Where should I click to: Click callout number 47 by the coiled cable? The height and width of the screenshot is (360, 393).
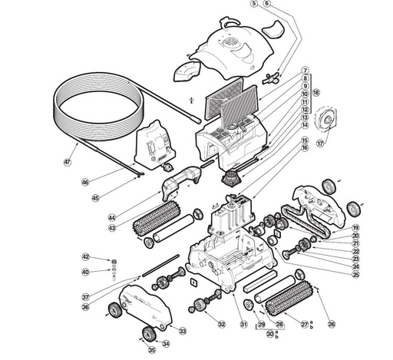[x=67, y=162]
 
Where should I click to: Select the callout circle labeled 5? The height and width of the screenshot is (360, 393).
[x=253, y=4]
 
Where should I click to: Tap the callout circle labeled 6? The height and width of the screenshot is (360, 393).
[x=266, y=4]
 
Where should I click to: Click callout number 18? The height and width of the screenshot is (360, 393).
[x=315, y=93]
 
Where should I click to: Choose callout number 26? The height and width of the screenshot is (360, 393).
[x=331, y=325]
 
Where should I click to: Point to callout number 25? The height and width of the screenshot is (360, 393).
[x=356, y=275]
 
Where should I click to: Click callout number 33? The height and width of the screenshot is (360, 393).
[x=183, y=331]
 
